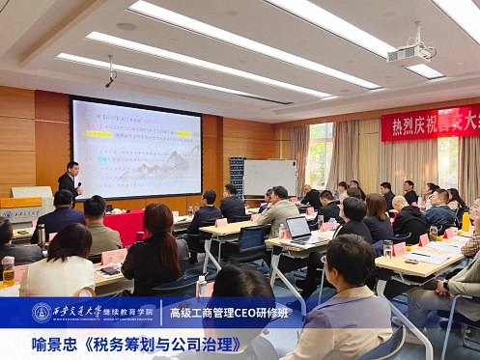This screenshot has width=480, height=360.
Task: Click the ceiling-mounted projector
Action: pos(409,54)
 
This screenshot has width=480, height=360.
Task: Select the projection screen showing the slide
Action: pos(136,148)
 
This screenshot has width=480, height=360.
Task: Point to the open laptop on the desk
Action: pos(298,229)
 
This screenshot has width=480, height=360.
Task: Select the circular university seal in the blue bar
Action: pos(42,313)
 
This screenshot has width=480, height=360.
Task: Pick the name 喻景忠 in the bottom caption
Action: pos(53,344)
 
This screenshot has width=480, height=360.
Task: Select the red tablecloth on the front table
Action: pos(125,228)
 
